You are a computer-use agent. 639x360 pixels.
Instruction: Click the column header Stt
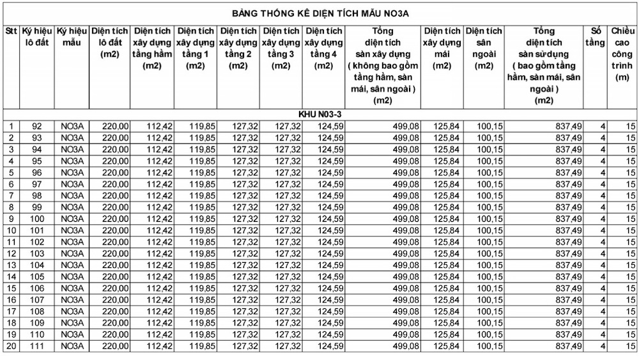tap(11, 31)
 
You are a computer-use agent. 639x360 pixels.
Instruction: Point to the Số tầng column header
tap(594, 36)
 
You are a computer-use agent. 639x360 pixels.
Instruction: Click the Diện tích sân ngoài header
tap(484, 48)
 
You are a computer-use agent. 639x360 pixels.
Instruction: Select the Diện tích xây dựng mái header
tap(442, 48)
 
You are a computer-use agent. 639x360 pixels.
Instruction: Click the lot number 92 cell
tap(36, 126)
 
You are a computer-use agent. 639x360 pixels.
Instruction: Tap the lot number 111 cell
tap(36, 346)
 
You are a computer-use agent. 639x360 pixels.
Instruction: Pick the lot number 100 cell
tap(36, 219)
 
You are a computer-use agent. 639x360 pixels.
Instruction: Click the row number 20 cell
tap(11, 346)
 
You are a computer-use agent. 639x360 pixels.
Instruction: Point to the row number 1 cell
tap(11, 126)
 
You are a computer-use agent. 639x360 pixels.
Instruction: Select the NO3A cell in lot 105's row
tap(72, 276)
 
